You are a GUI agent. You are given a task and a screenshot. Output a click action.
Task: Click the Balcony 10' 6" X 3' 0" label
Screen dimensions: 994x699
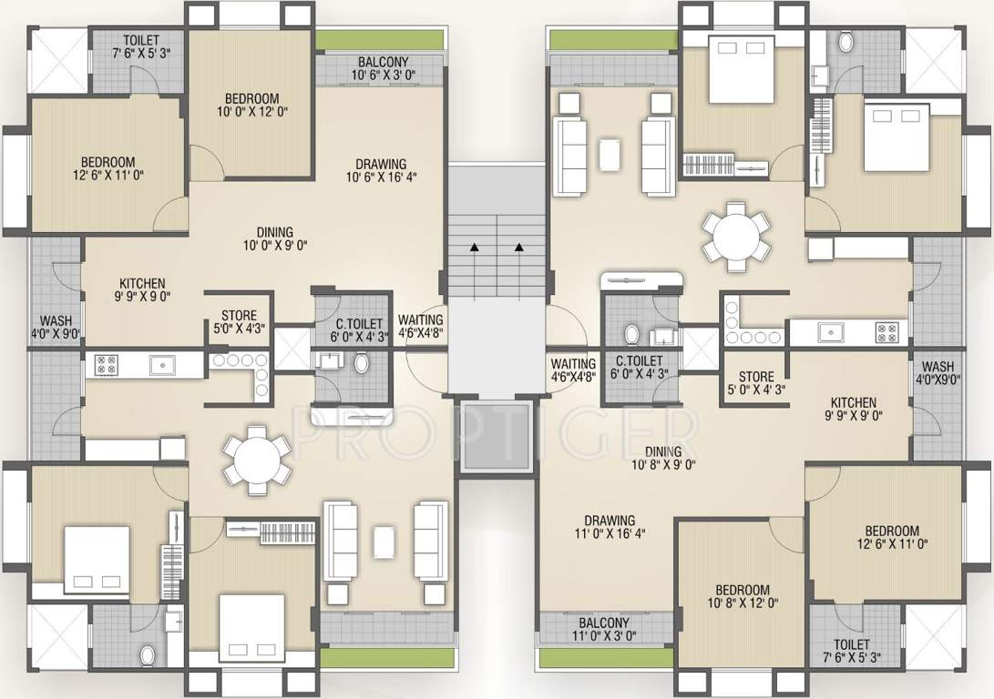383,68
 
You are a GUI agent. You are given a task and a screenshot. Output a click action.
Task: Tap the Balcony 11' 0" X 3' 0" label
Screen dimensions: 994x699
603,629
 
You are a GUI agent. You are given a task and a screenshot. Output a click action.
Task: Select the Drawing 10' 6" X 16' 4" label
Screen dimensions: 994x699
381,170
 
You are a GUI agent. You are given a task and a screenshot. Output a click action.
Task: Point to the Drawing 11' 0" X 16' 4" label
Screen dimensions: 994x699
610,527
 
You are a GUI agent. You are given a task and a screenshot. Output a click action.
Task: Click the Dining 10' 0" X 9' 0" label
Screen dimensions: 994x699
275,238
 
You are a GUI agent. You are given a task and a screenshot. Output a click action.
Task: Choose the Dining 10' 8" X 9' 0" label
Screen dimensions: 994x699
663,458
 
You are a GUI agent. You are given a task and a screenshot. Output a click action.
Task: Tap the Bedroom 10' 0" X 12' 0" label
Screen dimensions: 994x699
251,105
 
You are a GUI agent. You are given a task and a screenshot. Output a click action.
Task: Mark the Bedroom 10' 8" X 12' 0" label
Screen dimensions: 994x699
743,596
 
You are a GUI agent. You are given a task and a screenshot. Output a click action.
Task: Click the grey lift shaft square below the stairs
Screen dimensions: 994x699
496,437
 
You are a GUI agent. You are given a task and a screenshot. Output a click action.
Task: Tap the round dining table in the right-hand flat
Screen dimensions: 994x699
736,237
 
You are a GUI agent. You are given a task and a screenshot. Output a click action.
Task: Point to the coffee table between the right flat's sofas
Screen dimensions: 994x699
610,155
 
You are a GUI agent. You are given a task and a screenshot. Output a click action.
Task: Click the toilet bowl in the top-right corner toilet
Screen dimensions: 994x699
845,43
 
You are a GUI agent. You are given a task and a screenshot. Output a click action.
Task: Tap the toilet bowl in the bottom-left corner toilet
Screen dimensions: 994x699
147,655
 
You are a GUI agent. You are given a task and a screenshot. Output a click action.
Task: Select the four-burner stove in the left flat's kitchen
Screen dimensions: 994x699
106,365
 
